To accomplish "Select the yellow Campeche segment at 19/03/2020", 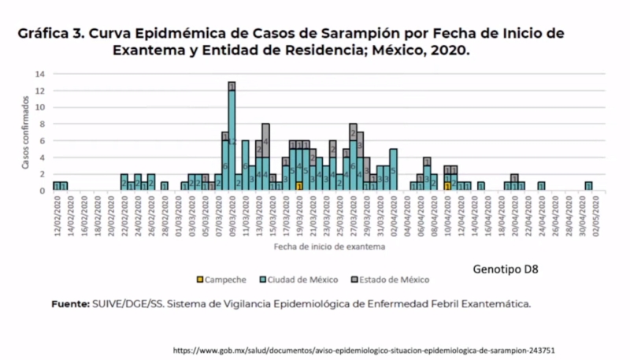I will [299, 186].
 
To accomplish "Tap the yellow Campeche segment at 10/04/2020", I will [447, 186].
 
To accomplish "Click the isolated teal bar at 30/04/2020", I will [588, 186].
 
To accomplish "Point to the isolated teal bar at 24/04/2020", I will [541, 186].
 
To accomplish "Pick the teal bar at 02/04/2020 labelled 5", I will [393, 169].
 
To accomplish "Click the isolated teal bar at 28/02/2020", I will [164, 186].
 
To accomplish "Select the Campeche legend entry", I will [220, 279].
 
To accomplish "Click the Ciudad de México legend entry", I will [299, 279].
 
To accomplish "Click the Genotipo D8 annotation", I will [505, 269].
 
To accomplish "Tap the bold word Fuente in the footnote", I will [69, 302].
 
